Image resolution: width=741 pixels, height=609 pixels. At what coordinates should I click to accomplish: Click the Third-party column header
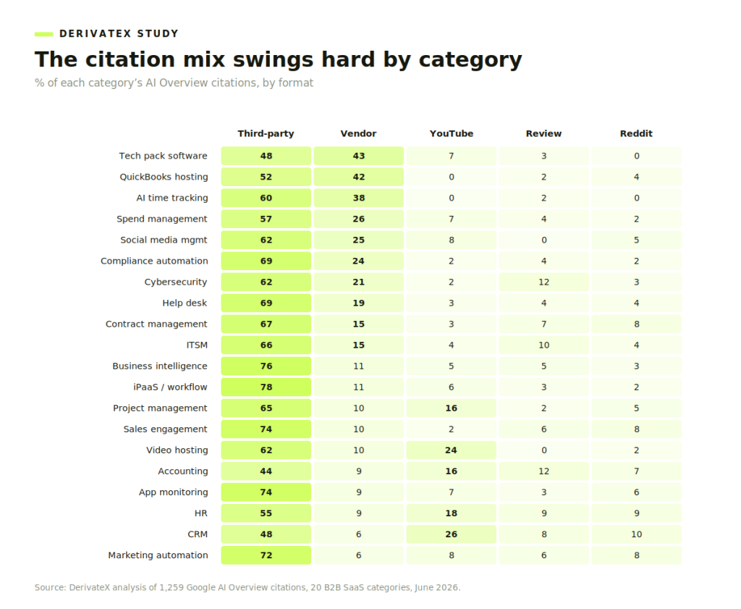pos(266,133)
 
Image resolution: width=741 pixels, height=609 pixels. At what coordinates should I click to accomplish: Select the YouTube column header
pos(452,133)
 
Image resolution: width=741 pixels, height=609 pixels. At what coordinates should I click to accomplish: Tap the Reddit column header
pos(636,133)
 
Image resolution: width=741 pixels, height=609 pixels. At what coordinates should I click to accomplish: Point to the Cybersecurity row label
pos(176,282)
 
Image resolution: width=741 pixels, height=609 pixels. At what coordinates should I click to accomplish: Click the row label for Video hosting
pos(177,450)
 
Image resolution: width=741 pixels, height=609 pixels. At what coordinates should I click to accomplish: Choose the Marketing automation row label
pos(158,555)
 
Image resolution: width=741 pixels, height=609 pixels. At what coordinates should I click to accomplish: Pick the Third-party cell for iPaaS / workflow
pos(266,387)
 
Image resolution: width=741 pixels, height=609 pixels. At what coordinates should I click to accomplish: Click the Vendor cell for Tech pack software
pos(359,156)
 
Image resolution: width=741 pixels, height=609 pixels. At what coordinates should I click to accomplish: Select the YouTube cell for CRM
pos(452,534)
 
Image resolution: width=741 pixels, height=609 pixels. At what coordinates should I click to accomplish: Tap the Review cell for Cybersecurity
pos(544,282)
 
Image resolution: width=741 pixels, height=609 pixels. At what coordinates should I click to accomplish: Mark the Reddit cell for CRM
pos(637,534)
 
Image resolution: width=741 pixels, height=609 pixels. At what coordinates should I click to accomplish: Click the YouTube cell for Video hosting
pos(452,450)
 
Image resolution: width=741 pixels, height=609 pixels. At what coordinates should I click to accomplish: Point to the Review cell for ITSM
pos(544,345)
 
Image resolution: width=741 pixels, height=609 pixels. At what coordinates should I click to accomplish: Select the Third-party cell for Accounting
pos(266,471)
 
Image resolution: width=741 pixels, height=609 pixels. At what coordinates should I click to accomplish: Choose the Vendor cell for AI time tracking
pos(359,198)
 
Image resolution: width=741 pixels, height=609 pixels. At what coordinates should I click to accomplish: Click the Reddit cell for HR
pos(637,513)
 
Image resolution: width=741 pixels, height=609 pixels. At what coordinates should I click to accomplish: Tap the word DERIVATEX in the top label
pos(95,33)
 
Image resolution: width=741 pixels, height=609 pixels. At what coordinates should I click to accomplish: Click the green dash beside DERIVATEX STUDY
pos(43,34)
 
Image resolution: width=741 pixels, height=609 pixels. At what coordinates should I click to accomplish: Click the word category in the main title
pos(470,60)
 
